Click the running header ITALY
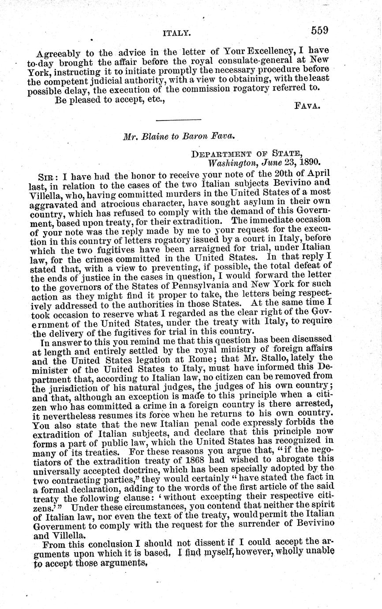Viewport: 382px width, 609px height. (176, 33)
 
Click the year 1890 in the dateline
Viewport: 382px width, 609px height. (308, 162)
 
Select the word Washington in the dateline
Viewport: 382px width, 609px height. (226, 162)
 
